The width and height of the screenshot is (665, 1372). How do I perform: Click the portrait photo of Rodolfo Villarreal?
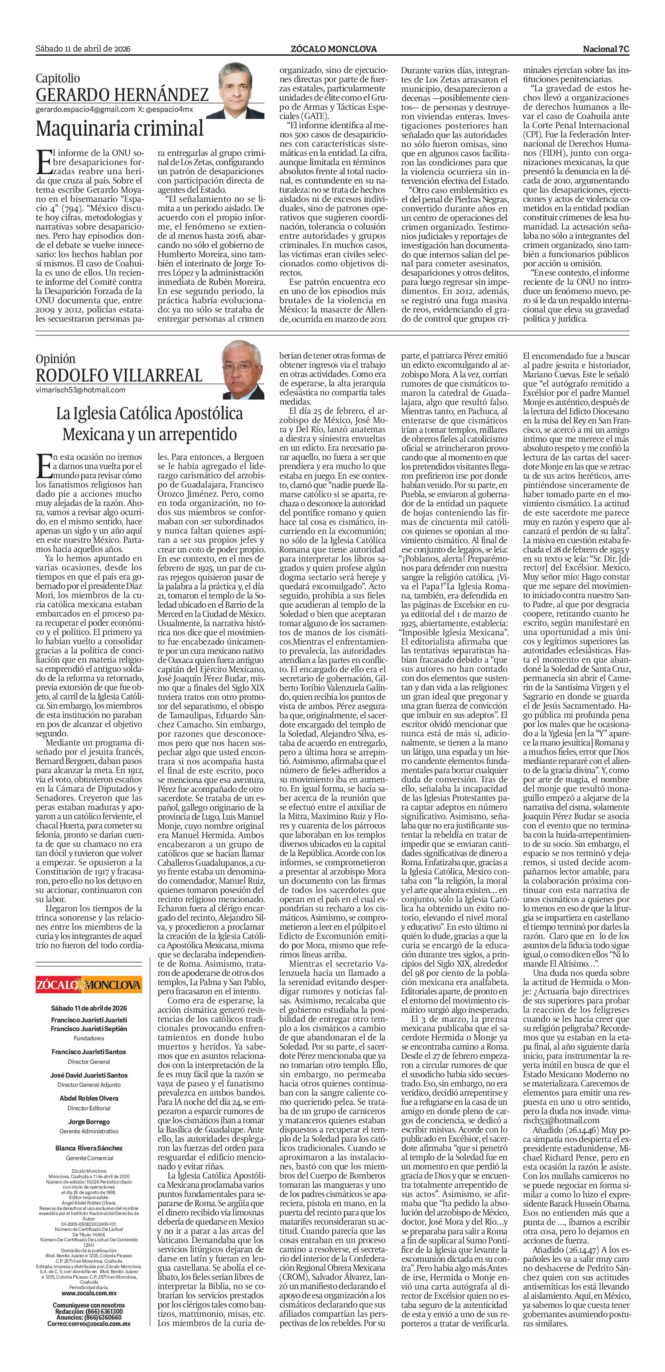coord(243,370)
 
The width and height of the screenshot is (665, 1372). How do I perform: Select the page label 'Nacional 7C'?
coord(606,49)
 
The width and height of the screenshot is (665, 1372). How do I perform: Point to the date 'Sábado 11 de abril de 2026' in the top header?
coord(83,49)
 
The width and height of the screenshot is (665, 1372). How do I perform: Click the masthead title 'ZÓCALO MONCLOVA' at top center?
coord(334,49)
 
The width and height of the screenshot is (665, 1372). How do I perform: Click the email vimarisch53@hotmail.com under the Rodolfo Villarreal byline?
coord(80,389)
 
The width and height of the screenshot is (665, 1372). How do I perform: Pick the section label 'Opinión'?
coord(55,359)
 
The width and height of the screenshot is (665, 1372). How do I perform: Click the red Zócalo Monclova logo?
coord(89,984)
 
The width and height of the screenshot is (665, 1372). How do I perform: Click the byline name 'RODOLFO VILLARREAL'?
coord(119,375)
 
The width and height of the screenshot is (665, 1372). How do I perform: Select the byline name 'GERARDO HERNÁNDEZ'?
coord(122,95)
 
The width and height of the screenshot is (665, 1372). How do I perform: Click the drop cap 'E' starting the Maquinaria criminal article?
coord(44,162)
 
